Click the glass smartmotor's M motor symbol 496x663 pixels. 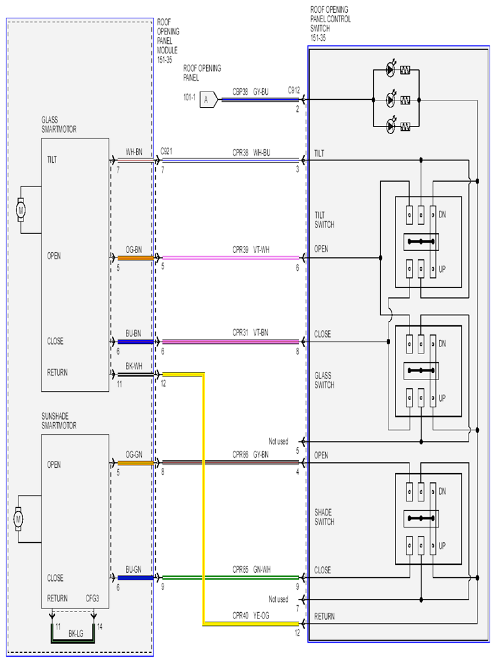(x=21, y=210)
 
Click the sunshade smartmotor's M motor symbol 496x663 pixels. (x=18, y=519)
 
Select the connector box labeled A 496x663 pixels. (x=209, y=99)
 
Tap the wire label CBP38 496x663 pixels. (x=240, y=92)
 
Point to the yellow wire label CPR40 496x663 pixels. (x=240, y=615)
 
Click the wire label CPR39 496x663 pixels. (x=240, y=250)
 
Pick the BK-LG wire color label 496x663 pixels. (x=76, y=633)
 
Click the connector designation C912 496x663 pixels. (x=294, y=90)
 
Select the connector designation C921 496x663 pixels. (x=166, y=151)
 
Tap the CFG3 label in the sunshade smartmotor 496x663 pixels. (x=92, y=598)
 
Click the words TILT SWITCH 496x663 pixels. (x=324, y=220)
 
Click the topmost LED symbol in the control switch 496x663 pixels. (x=391, y=70)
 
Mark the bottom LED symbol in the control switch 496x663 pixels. (x=391, y=126)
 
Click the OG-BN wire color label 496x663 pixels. (x=134, y=250)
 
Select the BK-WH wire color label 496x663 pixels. (x=134, y=366)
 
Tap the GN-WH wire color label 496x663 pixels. (x=262, y=570)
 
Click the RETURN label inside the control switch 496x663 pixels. (x=324, y=617)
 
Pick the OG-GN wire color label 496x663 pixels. (x=134, y=455)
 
